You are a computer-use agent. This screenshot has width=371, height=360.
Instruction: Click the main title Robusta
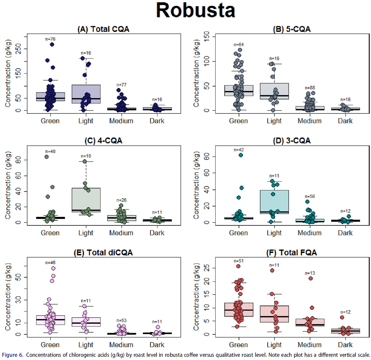[x=195, y=10]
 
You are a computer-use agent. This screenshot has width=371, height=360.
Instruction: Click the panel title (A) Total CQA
[x=103, y=29]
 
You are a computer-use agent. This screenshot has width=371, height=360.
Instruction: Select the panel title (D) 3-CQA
[x=292, y=141]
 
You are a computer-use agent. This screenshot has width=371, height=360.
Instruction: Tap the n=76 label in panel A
[x=50, y=39]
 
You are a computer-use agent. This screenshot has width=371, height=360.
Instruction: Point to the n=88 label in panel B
[x=310, y=88]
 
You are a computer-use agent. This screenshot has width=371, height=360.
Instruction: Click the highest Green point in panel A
[x=52, y=44]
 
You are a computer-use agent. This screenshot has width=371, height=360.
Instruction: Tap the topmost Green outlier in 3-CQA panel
[x=241, y=155]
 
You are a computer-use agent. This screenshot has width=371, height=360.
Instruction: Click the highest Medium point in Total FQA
[x=311, y=278]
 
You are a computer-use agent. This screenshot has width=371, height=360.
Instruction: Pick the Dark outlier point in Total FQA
[x=342, y=317]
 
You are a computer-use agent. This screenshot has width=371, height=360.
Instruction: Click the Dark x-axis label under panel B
[x=345, y=121]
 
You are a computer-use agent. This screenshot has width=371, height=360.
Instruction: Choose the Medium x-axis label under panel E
[x=121, y=345]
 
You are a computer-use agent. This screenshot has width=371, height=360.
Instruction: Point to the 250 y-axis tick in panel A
[x=19, y=49]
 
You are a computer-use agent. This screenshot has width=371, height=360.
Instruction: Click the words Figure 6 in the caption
[x=12, y=355]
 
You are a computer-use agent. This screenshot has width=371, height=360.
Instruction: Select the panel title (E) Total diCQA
[x=103, y=253]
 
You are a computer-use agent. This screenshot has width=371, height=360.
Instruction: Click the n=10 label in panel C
[x=86, y=156]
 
